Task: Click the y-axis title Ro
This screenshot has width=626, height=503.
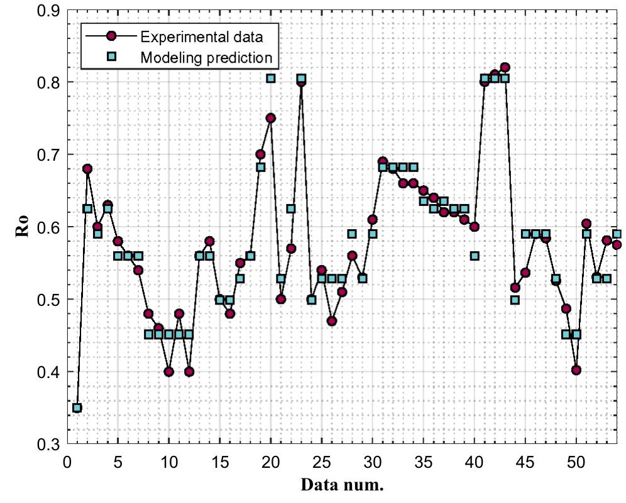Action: (x=23, y=228)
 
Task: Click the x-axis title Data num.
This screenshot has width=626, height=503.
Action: (x=342, y=485)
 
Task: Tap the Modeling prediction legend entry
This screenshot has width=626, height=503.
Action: (x=206, y=57)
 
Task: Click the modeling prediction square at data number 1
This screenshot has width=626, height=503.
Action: (x=77, y=408)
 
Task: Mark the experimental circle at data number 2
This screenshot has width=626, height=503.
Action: (x=87, y=169)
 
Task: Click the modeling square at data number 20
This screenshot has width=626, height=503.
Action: (x=270, y=78)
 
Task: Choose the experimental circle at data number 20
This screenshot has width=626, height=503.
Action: (x=270, y=118)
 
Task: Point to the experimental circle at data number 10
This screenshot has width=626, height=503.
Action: (x=168, y=371)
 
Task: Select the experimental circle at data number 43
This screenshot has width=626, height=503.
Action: (x=505, y=67)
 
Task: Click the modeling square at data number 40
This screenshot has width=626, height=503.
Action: (x=475, y=256)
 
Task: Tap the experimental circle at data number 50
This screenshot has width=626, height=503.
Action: (x=576, y=370)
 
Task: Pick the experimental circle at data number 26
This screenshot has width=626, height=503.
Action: (x=332, y=321)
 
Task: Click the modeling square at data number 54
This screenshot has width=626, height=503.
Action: (x=617, y=234)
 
